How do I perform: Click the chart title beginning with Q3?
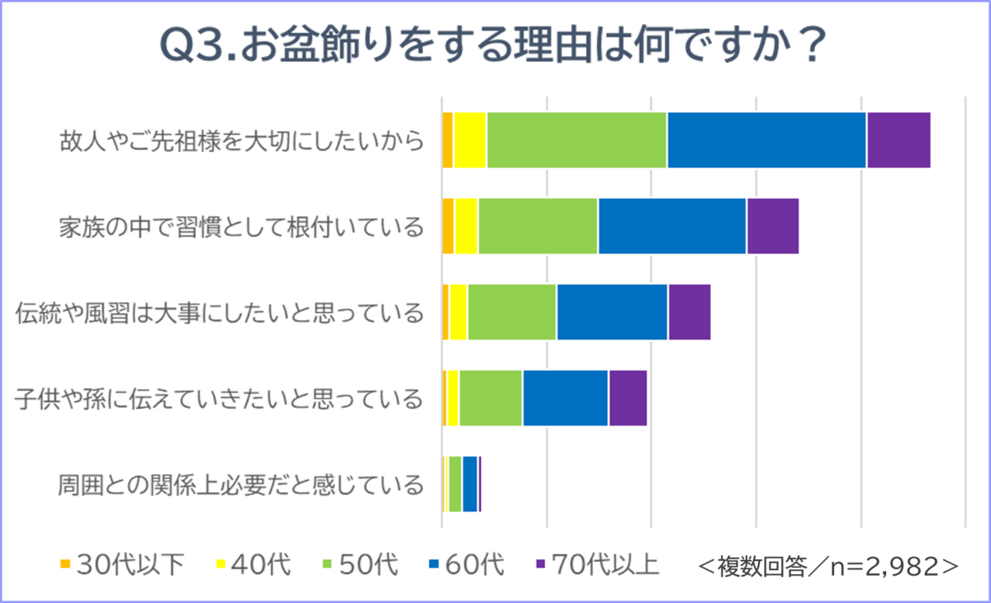coord(495,48)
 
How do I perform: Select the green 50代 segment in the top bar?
coord(576,140)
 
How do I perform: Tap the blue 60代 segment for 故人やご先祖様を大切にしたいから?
coord(766,140)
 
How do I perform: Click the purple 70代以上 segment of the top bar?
coord(899,140)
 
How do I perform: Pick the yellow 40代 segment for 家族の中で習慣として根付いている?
coord(466,226)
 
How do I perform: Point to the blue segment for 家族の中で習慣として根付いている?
coord(672,226)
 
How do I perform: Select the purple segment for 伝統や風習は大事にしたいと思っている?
coord(690,311)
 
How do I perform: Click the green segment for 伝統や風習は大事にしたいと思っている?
coord(512,311)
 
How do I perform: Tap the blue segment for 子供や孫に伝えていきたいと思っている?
coord(566,398)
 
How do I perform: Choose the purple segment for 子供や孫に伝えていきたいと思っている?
coord(628,398)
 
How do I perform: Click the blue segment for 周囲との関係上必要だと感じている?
coord(470,483)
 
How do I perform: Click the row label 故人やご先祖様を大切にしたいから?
coord(241,140)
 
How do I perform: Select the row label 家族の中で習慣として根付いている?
coord(241,226)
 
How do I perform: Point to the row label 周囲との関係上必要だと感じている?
coord(241,484)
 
